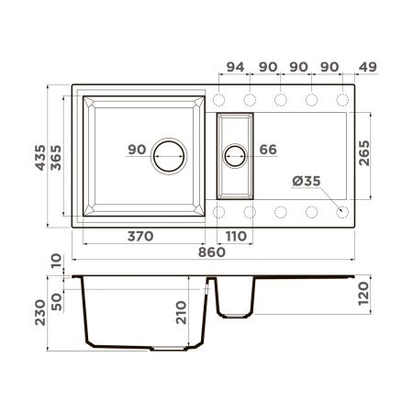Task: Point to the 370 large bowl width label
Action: click(x=140, y=237)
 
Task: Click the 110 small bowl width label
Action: click(x=236, y=237)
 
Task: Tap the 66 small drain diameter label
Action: click(x=268, y=150)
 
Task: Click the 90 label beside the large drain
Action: click(x=138, y=150)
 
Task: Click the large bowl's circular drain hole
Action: click(x=169, y=156)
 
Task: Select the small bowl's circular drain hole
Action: click(x=235, y=156)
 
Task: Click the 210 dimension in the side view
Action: click(x=182, y=314)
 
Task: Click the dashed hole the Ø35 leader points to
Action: click(x=341, y=212)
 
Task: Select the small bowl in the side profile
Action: click(x=235, y=297)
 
